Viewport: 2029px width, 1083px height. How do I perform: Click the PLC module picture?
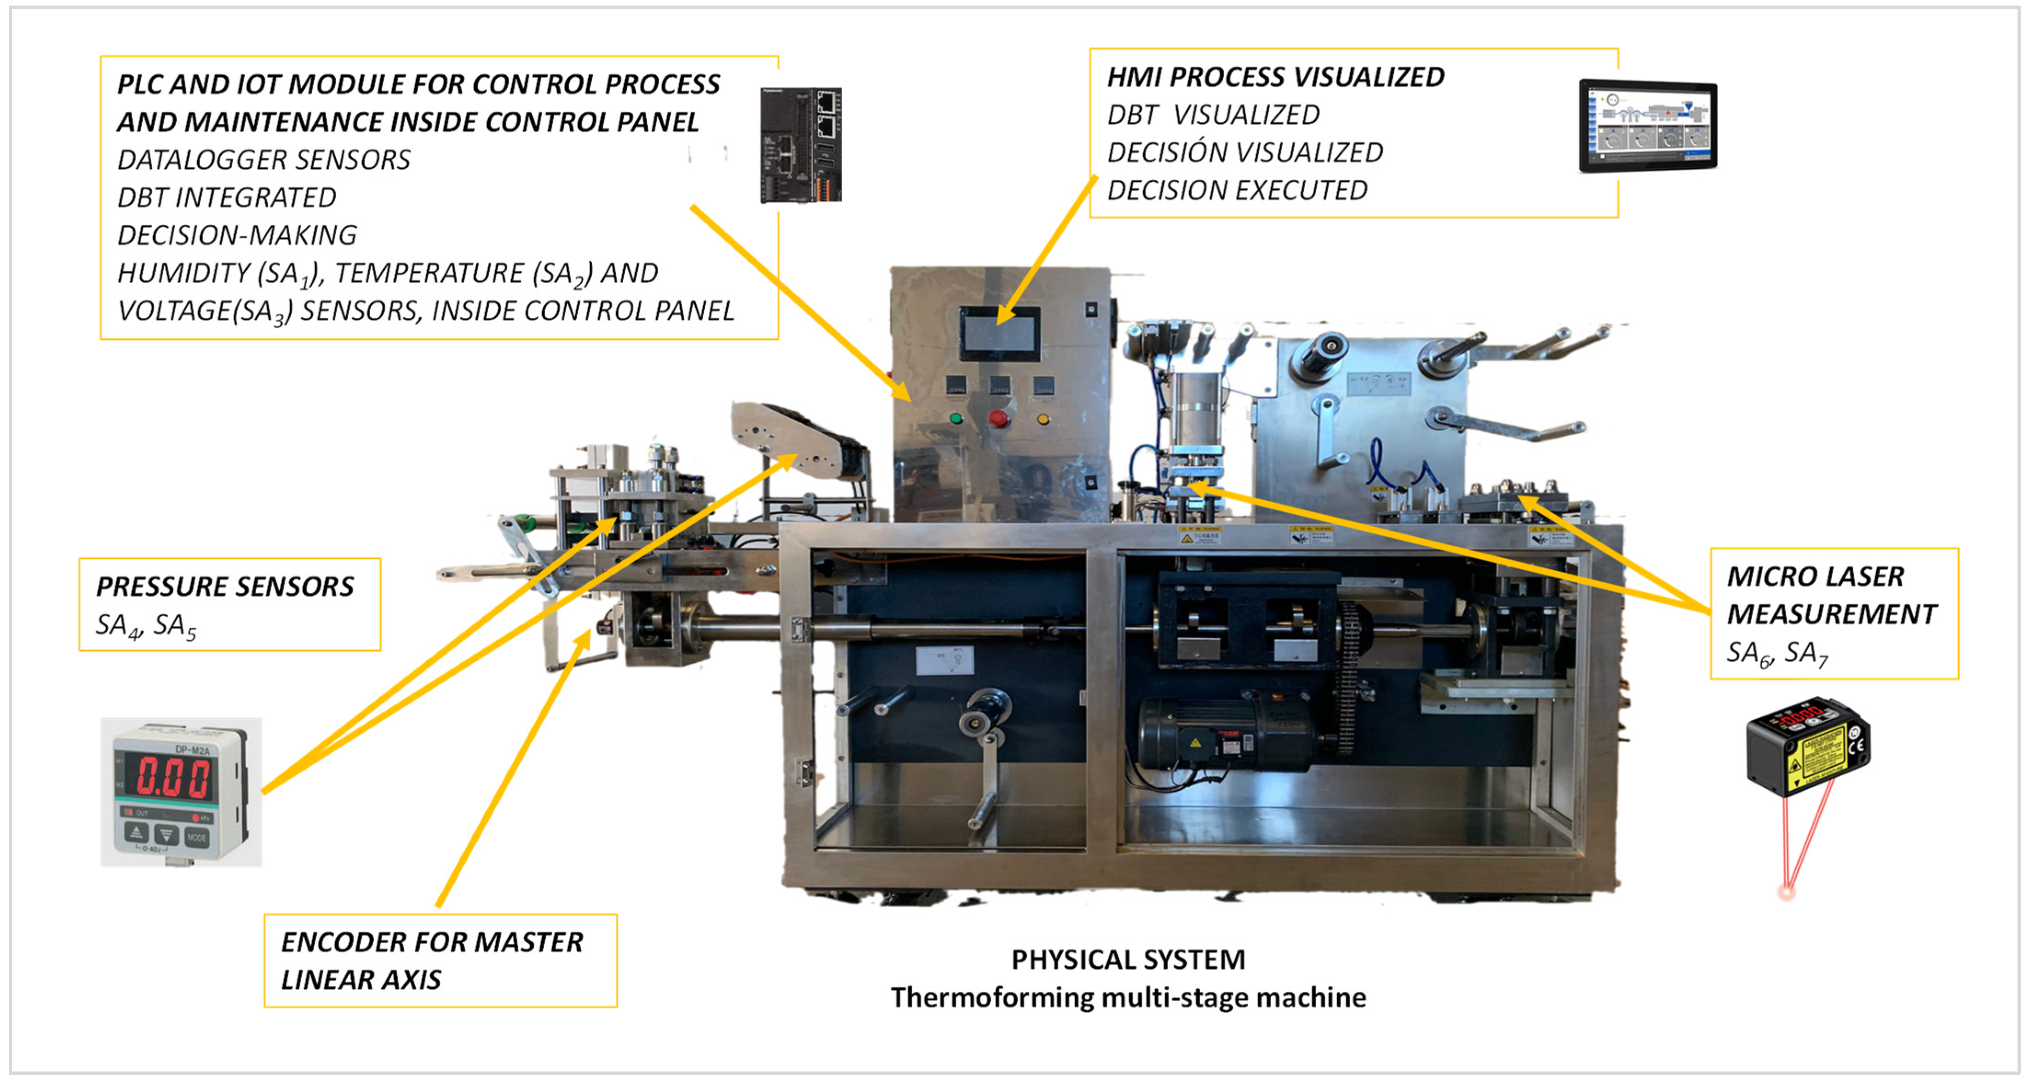pyautogui.click(x=800, y=145)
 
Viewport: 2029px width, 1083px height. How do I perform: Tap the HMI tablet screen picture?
pyautogui.click(x=1648, y=125)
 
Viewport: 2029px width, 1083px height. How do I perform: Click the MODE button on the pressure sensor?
pyautogui.click(x=196, y=837)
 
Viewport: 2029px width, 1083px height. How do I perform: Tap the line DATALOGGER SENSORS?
pyautogui.click(x=264, y=160)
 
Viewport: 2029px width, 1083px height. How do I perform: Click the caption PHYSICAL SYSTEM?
pyautogui.click(x=1128, y=959)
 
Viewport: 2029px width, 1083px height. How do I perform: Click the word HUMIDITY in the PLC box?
pyautogui.click(x=183, y=273)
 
